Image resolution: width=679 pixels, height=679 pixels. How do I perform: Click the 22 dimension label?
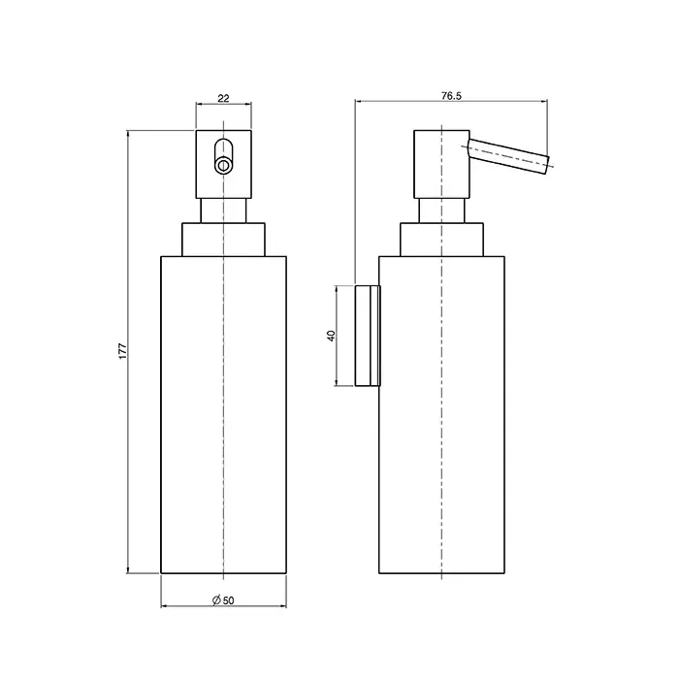click(x=223, y=98)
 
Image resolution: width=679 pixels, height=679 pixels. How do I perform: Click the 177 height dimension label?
click(x=123, y=351)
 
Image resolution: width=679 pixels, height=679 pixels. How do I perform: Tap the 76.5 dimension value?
click(x=451, y=96)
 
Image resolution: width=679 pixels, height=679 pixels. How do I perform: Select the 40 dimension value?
click(x=332, y=336)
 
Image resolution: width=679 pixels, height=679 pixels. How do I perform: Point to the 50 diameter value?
click(x=229, y=600)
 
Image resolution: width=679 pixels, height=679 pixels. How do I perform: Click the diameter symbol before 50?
click(x=217, y=599)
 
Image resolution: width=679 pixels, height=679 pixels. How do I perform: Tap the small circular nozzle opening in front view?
click(x=223, y=165)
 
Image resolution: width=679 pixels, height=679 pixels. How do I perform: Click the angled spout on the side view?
click(x=508, y=157)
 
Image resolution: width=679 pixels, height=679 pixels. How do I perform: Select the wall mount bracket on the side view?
click(x=368, y=336)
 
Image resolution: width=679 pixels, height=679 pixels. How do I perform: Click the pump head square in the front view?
click(x=223, y=164)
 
